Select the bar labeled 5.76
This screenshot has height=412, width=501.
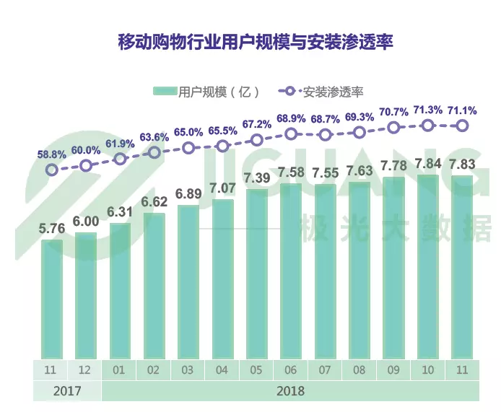51,297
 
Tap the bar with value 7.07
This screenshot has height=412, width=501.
222,278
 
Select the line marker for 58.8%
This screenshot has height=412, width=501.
51,170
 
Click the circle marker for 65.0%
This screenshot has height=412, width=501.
188,148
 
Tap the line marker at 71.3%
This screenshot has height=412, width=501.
428,126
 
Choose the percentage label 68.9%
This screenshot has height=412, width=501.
291,118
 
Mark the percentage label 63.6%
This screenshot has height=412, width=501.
154,136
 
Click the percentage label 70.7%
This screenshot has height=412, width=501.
393,112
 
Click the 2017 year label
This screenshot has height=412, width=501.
67,391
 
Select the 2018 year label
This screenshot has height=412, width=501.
290,391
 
